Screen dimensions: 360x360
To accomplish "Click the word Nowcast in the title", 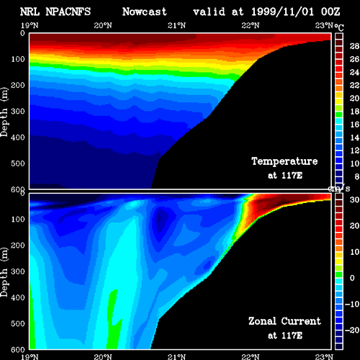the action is click(x=144, y=12).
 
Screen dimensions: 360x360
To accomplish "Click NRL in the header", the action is click(x=30, y=12).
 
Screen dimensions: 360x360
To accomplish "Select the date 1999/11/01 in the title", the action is click(x=282, y=12).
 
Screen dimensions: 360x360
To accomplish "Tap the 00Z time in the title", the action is click(x=330, y=12).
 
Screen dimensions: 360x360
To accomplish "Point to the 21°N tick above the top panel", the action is click(x=176, y=25).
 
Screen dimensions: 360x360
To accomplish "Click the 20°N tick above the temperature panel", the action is click(x=103, y=25).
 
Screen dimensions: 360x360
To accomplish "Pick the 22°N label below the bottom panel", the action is click(x=251, y=357).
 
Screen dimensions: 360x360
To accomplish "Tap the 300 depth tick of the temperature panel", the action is click(x=18, y=111).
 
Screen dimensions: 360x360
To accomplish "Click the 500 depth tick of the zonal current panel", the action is click(x=18, y=323).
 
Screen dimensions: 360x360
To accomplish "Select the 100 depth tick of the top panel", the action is click(x=18, y=59).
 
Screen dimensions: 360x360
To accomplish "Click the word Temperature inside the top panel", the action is click(x=284, y=161).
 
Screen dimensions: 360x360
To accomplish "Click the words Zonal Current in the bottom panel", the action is click(x=284, y=321).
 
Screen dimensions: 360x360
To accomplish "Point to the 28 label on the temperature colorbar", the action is click(x=354, y=46).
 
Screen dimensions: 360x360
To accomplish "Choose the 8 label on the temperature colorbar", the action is click(x=357, y=176).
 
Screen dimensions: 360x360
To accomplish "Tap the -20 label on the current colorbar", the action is click(x=352, y=330).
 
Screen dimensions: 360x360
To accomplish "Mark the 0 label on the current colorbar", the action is click(x=352, y=278).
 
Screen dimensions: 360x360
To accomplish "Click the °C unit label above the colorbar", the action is click(x=339, y=27).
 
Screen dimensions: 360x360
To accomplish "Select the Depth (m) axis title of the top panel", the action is click(x=4, y=112).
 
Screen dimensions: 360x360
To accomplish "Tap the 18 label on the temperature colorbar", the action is click(x=354, y=112).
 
